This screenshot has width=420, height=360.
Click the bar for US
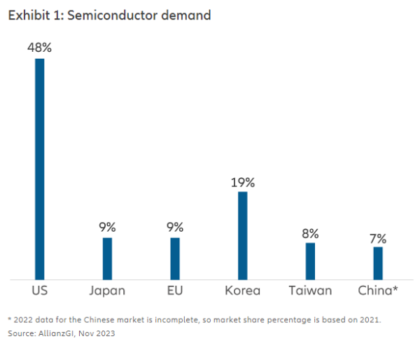[40, 168]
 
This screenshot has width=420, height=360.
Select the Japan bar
[107, 258]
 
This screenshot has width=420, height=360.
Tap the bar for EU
[175, 258]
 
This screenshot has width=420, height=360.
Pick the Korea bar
[243, 235]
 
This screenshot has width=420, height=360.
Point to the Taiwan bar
[310, 261]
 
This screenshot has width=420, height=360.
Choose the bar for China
[378, 263]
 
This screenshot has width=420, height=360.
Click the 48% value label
[40, 48]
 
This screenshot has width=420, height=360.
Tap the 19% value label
[243, 182]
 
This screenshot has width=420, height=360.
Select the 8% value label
[310, 233]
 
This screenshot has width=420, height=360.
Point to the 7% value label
[378, 238]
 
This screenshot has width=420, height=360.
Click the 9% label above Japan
[107, 227]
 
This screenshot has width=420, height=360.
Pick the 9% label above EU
[175, 227]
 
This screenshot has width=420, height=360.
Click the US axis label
[40, 291]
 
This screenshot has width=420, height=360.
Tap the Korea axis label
[243, 291]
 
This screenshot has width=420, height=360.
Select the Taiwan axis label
[310, 291]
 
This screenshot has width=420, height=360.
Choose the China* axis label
[378, 291]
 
